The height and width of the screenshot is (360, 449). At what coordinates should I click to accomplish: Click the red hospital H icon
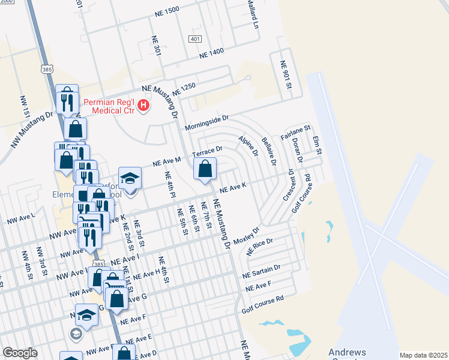[143, 106]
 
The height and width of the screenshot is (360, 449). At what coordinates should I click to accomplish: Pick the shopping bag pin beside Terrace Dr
[205, 170]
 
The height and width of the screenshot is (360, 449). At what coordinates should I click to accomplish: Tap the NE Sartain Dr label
[261, 271]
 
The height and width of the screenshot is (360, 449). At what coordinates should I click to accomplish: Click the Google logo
[20, 353]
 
